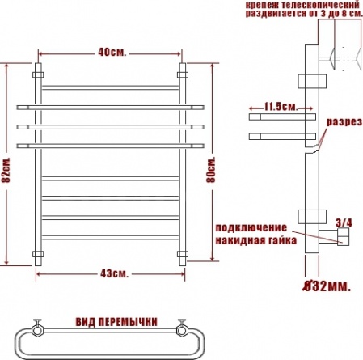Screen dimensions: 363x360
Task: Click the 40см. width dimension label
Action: (112, 53)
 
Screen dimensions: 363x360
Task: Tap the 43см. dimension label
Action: (114, 274)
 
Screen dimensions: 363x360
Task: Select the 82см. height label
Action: (6, 170)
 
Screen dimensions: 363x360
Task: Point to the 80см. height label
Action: (211, 170)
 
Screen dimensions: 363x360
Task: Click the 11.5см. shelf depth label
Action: (281, 107)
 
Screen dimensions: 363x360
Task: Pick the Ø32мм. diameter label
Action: (327, 286)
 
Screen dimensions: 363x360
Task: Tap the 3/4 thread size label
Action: (344, 223)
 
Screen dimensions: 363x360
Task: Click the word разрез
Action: (344, 122)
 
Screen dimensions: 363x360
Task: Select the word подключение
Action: (251, 228)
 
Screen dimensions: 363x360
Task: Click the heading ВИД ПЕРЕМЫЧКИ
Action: (116, 322)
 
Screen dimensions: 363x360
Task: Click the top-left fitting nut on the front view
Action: (38, 74)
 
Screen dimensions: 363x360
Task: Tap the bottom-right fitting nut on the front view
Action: (183, 254)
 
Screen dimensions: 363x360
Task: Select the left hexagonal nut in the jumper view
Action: (36, 330)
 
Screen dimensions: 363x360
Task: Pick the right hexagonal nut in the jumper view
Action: (182, 330)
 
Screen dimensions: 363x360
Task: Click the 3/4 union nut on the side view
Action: (344, 237)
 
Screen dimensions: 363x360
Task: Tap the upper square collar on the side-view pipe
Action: (312, 81)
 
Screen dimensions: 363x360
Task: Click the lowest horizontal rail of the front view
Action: (111, 237)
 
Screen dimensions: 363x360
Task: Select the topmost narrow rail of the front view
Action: (111, 87)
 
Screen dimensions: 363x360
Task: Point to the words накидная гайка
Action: (256, 240)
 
